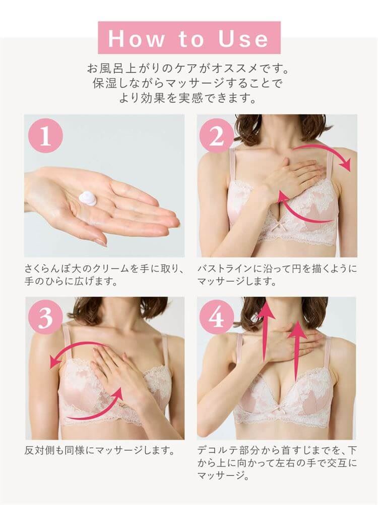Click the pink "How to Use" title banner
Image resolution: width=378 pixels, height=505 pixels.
pyautogui.click(x=189, y=37)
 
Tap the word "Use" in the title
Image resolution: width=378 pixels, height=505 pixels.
pyautogui.click(x=243, y=39)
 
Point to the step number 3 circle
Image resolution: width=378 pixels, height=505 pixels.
pyautogui.click(x=46, y=317)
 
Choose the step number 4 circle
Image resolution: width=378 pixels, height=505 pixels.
pyautogui.click(x=217, y=317)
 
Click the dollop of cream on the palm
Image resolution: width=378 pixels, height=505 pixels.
pyautogui.click(x=88, y=198)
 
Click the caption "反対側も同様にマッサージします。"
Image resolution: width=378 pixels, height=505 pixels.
pyautogui.click(x=100, y=450)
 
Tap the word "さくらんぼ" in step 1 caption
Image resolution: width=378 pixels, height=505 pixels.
pyautogui.click(x=51, y=268)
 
